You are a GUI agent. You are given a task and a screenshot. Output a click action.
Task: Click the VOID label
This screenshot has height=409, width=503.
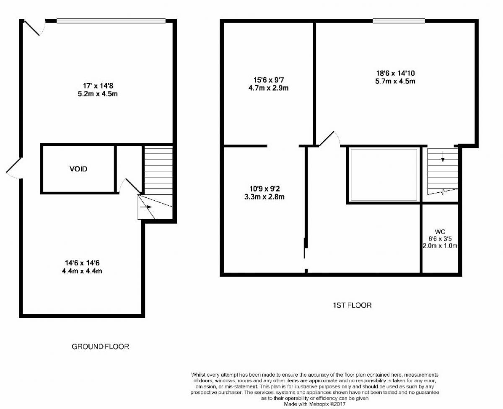point(78,169)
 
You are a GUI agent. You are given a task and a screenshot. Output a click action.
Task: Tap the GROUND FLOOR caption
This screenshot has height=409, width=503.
point(100,347)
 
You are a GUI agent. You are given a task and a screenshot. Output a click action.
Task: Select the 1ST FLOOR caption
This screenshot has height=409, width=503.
point(352,305)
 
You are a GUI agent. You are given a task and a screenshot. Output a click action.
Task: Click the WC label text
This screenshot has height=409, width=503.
point(440,231)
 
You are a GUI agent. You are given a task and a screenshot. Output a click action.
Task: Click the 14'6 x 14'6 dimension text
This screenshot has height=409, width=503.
point(82,263)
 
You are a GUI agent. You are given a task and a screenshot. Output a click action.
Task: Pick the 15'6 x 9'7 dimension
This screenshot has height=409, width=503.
point(269,80)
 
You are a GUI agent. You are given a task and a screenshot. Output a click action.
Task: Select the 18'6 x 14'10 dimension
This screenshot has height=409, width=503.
point(396,73)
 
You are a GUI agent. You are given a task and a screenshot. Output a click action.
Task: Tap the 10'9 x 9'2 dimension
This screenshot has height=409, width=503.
point(265,189)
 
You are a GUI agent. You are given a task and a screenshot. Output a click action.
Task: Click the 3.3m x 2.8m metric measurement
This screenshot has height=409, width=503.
point(264,197)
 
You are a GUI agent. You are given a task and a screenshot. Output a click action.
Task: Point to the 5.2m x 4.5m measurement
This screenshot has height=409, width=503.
point(98,94)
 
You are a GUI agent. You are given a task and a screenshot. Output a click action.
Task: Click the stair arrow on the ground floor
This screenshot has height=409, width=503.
point(146,207)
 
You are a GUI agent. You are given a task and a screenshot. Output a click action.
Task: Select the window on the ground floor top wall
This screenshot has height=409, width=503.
point(111,21)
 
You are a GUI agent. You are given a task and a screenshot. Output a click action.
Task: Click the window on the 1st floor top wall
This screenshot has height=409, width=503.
point(399,21)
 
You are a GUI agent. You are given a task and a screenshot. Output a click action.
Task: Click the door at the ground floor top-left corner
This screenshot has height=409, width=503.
point(35,28)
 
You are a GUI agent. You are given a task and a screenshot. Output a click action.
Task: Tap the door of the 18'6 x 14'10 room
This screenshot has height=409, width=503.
point(329,139)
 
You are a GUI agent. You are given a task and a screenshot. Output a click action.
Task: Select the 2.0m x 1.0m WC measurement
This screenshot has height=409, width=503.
point(440,246)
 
